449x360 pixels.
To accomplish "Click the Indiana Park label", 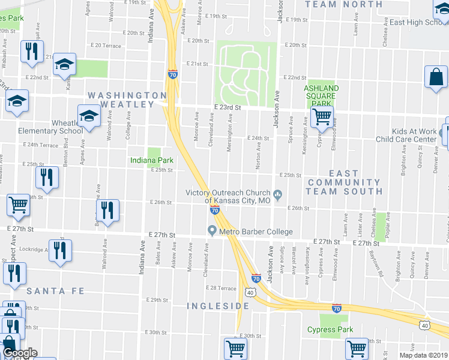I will pos(152,160).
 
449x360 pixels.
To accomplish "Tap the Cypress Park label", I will pos(330,329).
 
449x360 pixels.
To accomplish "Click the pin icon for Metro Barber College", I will pos(211,231).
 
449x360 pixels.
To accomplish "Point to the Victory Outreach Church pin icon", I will pos(277,193).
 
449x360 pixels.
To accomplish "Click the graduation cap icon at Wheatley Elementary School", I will pos(89,116).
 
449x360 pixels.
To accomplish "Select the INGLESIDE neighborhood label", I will pos(217,306).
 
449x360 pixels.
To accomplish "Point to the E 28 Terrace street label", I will pos(221,288).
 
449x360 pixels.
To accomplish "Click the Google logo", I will pos(20,353).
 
